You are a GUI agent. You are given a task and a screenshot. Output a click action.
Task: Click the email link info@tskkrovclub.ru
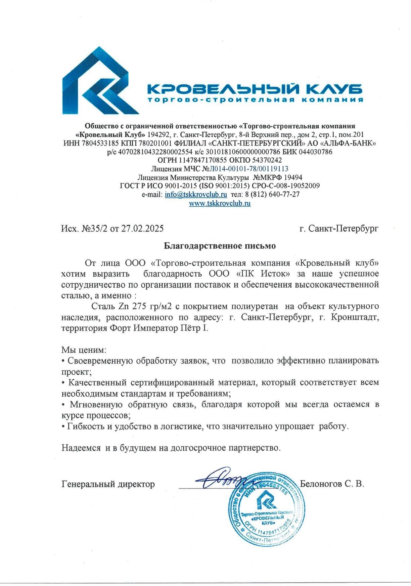196,195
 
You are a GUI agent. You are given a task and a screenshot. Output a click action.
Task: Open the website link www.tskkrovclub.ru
220,203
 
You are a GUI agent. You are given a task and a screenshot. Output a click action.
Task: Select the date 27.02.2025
142,229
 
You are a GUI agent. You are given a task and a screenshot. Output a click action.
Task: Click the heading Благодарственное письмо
220,246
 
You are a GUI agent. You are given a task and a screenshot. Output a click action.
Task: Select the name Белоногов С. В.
332,484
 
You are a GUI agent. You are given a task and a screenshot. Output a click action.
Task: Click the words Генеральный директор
108,484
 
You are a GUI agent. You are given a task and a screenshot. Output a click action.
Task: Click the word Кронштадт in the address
355,317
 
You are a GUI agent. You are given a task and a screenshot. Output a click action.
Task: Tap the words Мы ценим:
84,350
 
